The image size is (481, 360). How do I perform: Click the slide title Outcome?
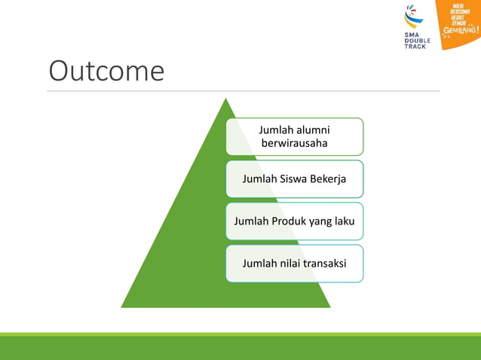106,71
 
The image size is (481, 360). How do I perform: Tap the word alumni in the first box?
313,130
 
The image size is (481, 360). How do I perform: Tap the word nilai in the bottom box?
291,264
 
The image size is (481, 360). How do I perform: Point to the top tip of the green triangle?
225,99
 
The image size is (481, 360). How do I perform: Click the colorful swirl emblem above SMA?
414,16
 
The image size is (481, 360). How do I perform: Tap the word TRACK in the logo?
415,47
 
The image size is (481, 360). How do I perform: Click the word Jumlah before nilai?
259,264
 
